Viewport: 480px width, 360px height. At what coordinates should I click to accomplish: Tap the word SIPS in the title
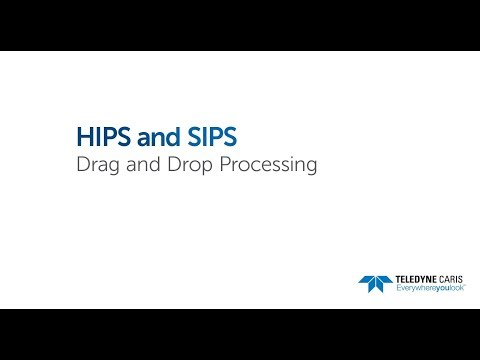pyautogui.click(x=191, y=136)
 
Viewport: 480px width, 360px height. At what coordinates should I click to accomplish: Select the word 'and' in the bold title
pyautogui.click(x=147, y=136)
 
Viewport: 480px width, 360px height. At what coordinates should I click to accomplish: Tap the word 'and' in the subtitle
pyautogui.click(x=136, y=166)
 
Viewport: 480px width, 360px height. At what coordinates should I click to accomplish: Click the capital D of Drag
pyautogui.click(x=83, y=166)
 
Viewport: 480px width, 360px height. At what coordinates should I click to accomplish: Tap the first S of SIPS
pyautogui.click(x=172, y=136)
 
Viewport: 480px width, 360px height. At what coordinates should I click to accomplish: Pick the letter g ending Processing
pyautogui.click(x=311, y=168)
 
